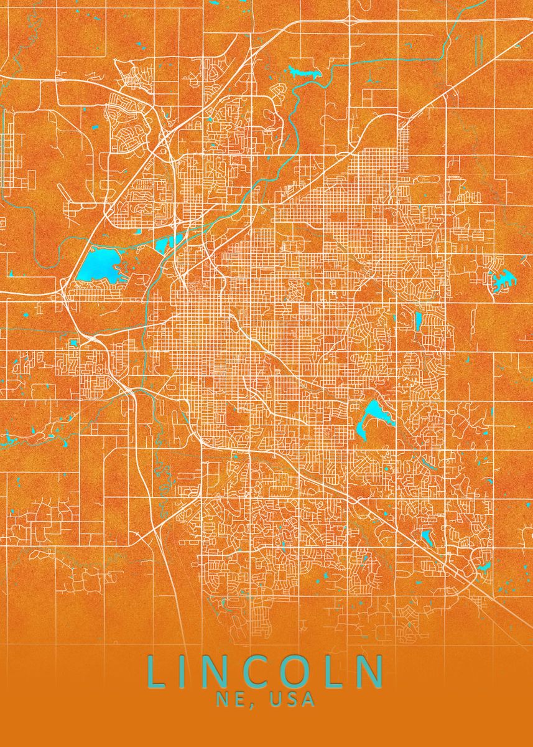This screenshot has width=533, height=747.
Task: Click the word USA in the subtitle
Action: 293,700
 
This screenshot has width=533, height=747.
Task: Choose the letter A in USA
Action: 308,700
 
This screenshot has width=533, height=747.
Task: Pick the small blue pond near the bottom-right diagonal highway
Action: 427,536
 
